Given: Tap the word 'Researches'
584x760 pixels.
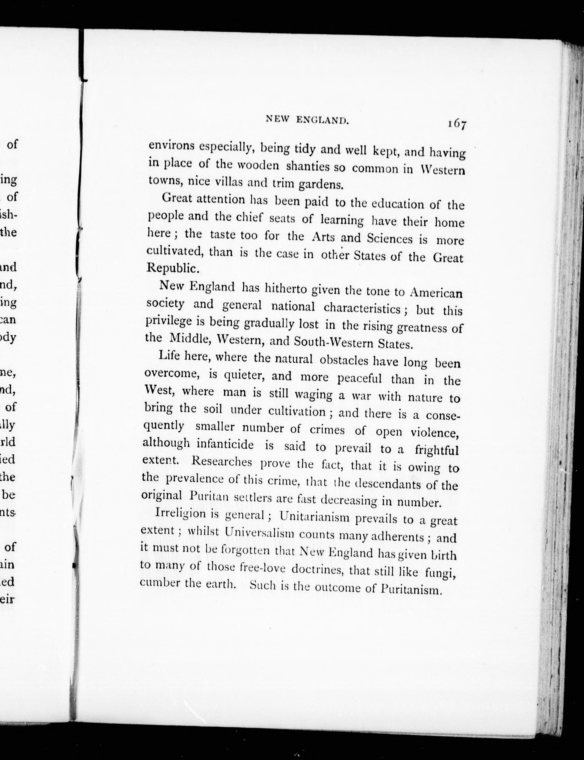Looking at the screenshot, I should coord(221,462).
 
